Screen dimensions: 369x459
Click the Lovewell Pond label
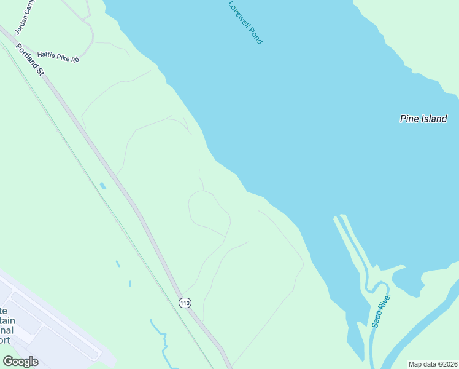coord(245,22)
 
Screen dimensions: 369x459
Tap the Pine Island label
coord(423,119)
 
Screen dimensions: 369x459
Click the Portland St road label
coord(30,60)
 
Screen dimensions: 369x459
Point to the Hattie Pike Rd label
coord(59,56)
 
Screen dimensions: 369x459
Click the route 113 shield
coord(185,302)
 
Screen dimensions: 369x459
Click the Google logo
coord(20,362)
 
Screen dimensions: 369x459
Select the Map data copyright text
coord(433,364)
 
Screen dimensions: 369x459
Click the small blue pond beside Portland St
coord(102,185)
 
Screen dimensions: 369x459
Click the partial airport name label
coord(6,325)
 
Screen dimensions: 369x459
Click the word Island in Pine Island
coord(434,119)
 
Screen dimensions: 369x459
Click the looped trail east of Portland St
coord(209,212)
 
